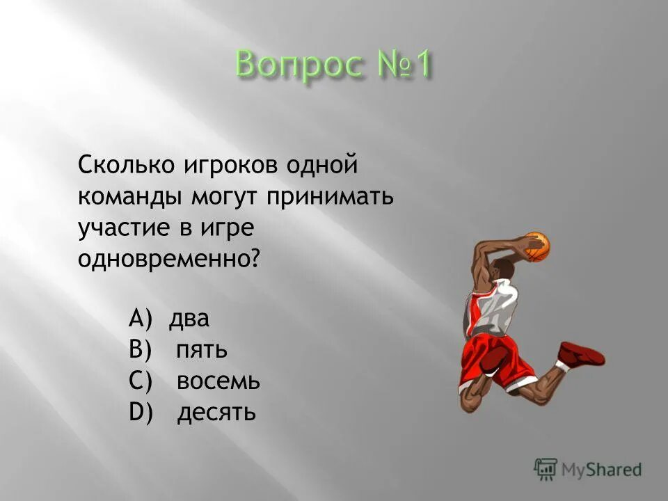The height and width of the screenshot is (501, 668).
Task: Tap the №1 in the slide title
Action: click(x=401, y=66)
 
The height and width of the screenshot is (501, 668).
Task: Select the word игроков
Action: click(x=222, y=167)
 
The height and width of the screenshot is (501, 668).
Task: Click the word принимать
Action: click(x=330, y=197)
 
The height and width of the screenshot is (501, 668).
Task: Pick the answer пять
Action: click(x=202, y=349)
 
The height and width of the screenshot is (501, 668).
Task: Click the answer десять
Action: click(x=216, y=412)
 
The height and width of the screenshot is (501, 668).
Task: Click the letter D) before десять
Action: click(x=141, y=412)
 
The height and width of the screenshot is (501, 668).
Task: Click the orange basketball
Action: click(x=536, y=246)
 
